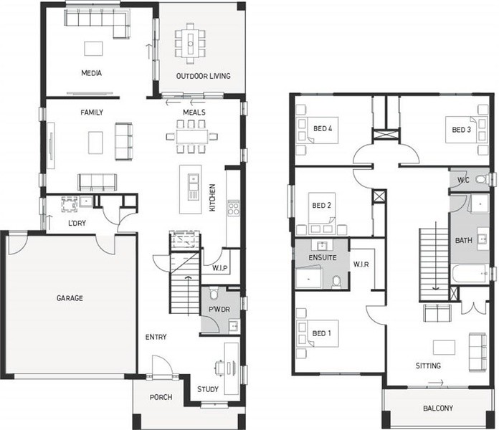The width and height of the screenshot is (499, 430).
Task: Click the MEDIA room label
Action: [x=91, y=73]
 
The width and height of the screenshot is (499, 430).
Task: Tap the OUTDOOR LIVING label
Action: [x=204, y=76]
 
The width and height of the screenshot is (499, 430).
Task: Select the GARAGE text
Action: [x=70, y=298]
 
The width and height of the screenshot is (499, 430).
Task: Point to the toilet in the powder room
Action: [x=213, y=294]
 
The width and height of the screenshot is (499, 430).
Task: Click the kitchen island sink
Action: [x=193, y=182]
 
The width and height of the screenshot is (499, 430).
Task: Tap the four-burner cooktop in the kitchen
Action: [x=233, y=209]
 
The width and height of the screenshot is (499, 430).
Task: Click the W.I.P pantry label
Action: [x=220, y=268]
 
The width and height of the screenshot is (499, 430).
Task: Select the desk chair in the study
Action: [x=220, y=367]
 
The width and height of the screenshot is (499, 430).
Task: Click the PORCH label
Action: [x=161, y=397]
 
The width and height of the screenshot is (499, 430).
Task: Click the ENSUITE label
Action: [x=323, y=257]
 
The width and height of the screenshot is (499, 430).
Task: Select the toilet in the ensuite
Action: [x=336, y=282]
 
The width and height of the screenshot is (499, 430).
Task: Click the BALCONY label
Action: [x=438, y=408]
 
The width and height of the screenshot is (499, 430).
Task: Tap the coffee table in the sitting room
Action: [x=444, y=348]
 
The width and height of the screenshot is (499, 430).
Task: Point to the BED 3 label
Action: [x=462, y=130]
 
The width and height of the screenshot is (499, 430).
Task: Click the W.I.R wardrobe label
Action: [x=361, y=264]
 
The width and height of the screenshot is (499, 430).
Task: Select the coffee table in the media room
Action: [x=93, y=49]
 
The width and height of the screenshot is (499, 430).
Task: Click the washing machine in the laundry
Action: [x=69, y=204]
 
